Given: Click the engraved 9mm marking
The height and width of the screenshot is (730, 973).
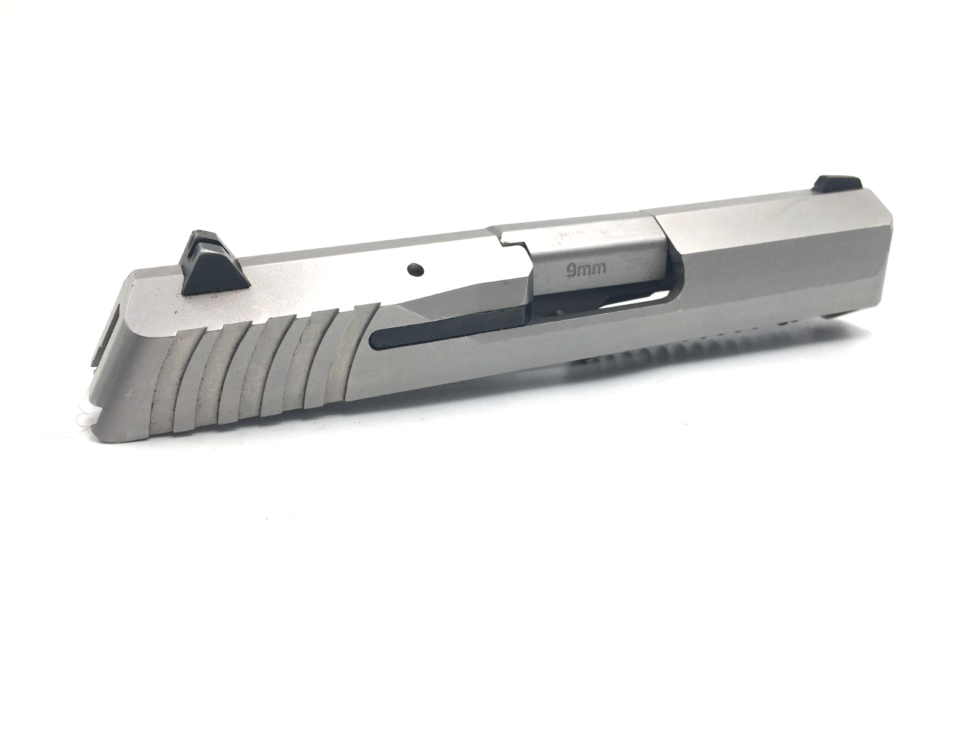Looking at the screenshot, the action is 586,270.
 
